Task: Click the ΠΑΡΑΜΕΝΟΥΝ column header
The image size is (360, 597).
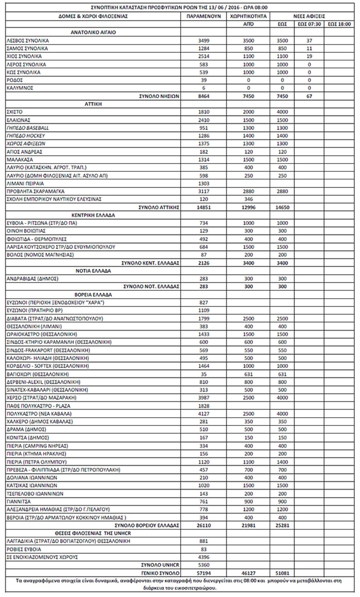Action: [x=204, y=16]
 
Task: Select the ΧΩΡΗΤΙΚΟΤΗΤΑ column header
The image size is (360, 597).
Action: [x=248, y=16]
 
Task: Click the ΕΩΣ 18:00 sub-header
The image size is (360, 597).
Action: [x=339, y=24]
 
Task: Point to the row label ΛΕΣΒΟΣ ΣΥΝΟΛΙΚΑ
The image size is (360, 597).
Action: [x=27, y=41]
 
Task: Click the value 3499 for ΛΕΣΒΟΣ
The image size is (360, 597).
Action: [x=204, y=41]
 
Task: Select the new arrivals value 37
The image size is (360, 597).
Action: [x=309, y=41]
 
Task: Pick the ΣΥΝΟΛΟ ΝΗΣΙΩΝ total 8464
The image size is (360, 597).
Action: [x=204, y=96]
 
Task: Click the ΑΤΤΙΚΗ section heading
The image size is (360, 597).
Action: [x=93, y=104]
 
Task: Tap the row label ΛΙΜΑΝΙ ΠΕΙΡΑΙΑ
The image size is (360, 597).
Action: [x=25, y=183]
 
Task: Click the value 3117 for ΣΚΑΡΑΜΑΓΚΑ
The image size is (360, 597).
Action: [x=204, y=191]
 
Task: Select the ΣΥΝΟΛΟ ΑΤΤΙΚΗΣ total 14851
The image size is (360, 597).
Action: [x=204, y=207]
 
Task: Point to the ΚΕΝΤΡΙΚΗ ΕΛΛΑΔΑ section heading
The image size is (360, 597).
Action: [x=93, y=215]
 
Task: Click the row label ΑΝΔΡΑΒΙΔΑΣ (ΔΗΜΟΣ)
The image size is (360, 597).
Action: [x=32, y=279]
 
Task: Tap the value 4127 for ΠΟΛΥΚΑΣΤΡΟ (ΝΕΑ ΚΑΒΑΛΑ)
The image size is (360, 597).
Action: [x=204, y=414]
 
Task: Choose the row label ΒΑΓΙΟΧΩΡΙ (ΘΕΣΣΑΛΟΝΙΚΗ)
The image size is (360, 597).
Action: [x=38, y=374]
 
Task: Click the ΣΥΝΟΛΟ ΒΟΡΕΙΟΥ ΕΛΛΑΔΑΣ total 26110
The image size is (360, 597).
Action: [x=204, y=525]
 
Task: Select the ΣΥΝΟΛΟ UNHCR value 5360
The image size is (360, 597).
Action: [x=204, y=565]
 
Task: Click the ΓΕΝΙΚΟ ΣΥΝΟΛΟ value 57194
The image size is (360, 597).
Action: [x=204, y=573]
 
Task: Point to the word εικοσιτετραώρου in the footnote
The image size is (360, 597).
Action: [x=197, y=588]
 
